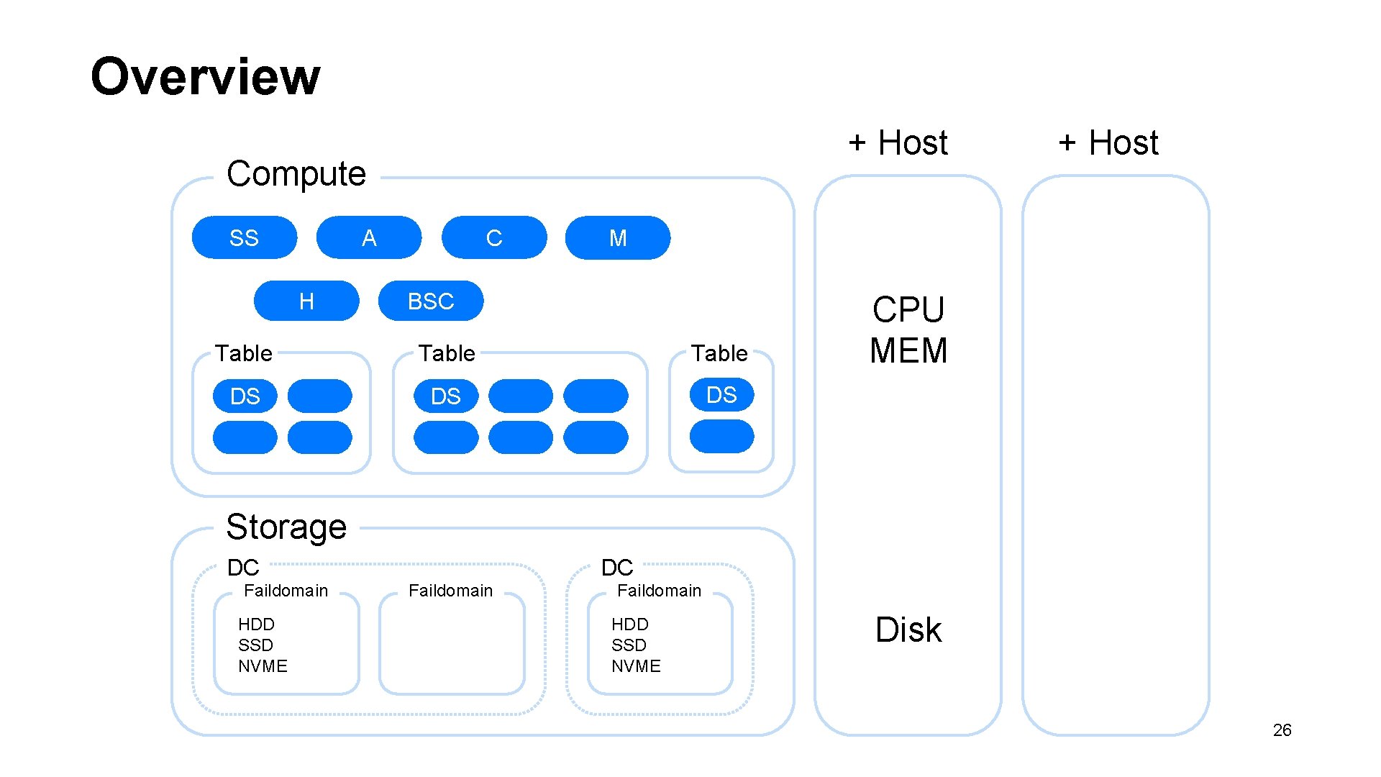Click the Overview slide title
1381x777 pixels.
[205, 76]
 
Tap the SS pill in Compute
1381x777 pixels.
[244, 237]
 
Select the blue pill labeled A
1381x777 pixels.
[369, 237]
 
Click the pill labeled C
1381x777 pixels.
[494, 237]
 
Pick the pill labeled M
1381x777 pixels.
[618, 237]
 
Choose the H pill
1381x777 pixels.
[306, 301]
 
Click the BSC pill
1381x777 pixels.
[431, 301]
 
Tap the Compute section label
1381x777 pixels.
[296, 173]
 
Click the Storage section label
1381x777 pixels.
[286, 527]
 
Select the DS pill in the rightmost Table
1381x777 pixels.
[721, 395]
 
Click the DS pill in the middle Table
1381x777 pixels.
[446, 396]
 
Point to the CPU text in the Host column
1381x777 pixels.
[908, 310]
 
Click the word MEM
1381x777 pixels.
[908, 351]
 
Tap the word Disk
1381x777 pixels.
[908, 630]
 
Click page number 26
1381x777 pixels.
[1282, 730]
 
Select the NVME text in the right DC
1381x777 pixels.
[636, 666]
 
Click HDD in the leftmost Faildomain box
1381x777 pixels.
[256, 624]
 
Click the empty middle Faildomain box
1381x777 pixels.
[452, 644]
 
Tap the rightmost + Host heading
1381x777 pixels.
[1108, 143]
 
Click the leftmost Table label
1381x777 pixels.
[244, 353]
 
